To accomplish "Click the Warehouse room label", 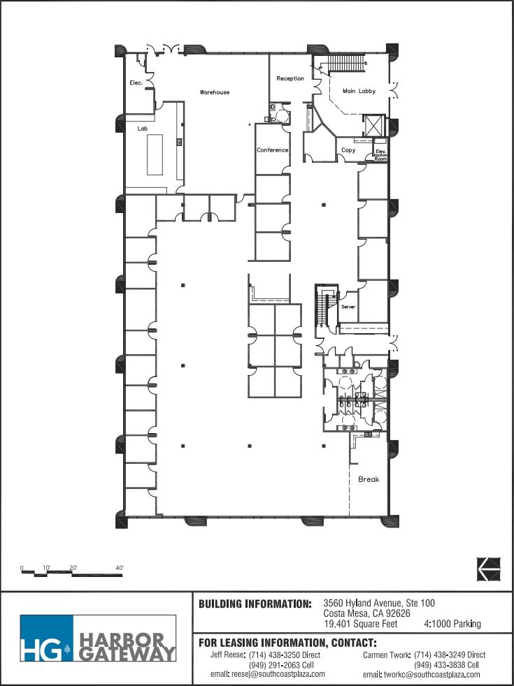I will tap(214, 92).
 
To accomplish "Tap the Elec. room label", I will tap(136, 83).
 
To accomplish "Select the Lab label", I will tap(142, 129).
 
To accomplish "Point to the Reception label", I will tap(290, 78).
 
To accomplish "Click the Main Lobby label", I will tap(359, 91).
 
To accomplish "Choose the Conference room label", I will tap(272, 150).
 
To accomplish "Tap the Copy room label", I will tap(348, 150).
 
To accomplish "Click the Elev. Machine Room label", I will tap(380, 155).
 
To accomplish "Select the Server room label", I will tap(348, 307).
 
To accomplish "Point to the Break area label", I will tap(369, 479).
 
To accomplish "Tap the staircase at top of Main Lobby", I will tap(346, 64).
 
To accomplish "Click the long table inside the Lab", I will tap(155, 154).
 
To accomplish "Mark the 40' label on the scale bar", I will tap(119, 568).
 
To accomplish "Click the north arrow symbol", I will tap(489, 569).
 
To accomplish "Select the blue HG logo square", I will tap(46, 638).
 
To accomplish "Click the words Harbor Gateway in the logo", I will tap(125, 647).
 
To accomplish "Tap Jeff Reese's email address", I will tap(268, 674).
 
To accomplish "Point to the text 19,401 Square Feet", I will tap(360, 624).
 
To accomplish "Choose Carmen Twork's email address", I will tap(422, 674).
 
